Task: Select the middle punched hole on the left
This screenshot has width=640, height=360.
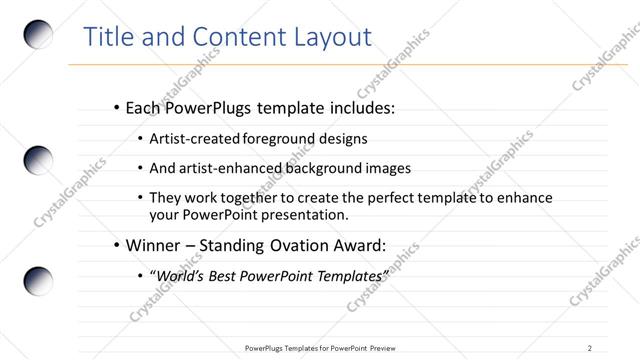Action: [x=38, y=160]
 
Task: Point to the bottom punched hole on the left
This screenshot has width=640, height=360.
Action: [x=38, y=280]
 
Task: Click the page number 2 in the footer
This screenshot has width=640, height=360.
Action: [x=590, y=348]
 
